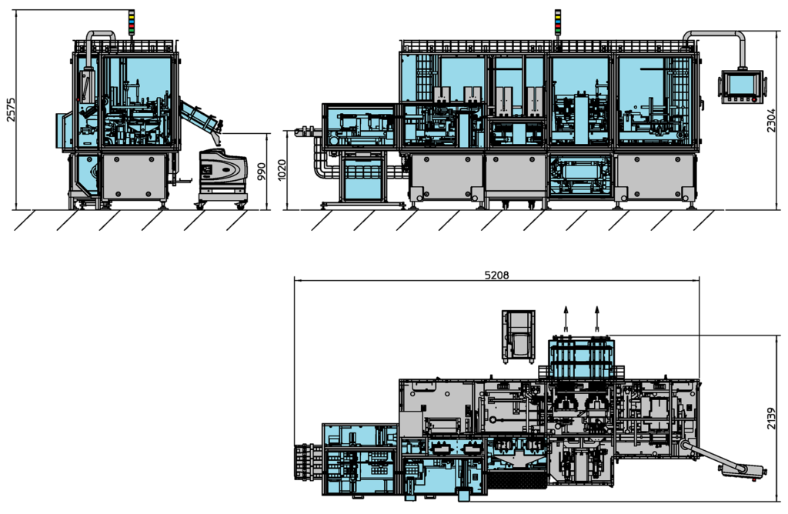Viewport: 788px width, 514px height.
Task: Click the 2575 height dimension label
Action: (x=10, y=109)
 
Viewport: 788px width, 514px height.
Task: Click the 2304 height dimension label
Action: (x=772, y=119)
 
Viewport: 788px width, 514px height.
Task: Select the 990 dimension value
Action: (x=261, y=171)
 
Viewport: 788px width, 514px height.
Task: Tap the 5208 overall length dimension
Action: (x=496, y=274)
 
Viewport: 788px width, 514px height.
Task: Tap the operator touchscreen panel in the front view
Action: (x=743, y=85)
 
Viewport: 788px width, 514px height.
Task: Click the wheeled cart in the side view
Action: (x=223, y=175)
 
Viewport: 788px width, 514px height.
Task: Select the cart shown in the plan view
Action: (x=518, y=335)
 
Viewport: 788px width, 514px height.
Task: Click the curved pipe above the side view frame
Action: (x=100, y=36)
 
